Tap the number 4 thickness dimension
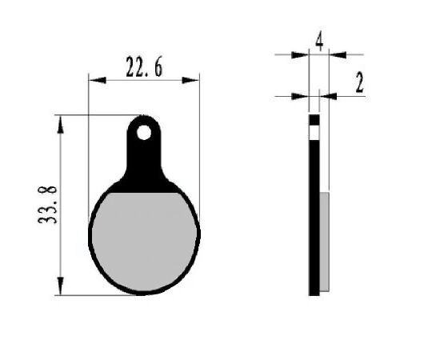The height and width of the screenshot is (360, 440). coord(319,42)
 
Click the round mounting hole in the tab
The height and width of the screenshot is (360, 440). coord(144,132)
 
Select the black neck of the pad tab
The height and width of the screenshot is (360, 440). coord(144,164)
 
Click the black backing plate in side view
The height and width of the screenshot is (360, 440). coord(314,216)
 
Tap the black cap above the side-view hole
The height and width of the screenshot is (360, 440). coord(314,119)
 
